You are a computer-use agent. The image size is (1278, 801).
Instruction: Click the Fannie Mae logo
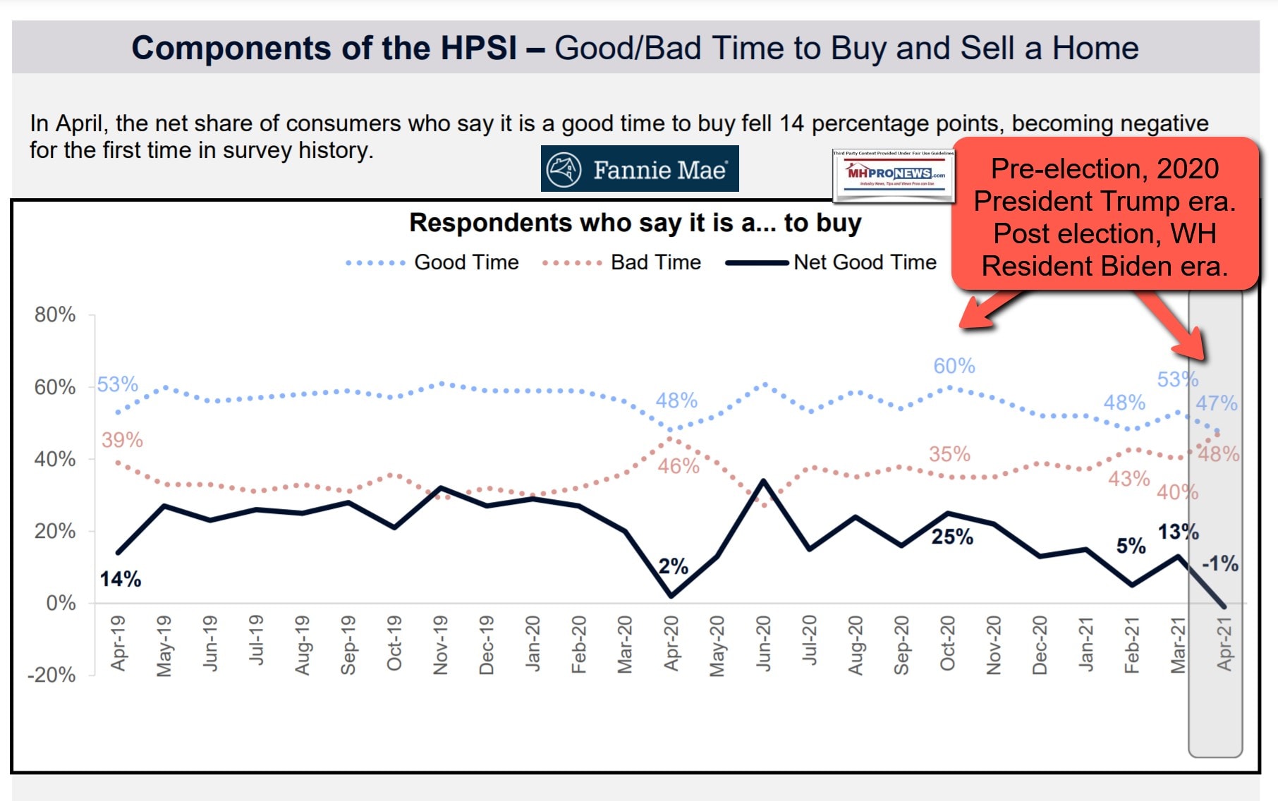[x=639, y=169]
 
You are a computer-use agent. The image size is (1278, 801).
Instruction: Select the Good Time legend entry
[x=465, y=262]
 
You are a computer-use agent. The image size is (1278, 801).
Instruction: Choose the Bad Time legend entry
[x=655, y=262]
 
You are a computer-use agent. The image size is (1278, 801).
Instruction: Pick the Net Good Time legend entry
[x=864, y=262]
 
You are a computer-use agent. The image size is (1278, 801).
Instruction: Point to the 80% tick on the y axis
[x=55, y=314]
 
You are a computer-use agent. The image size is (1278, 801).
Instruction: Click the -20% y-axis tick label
[x=51, y=675]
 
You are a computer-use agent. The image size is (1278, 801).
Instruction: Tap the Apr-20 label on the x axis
[x=671, y=643]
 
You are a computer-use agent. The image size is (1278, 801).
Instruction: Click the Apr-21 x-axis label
[x=1224, y=643]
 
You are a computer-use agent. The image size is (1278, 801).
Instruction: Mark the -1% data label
[x=1219, y=563]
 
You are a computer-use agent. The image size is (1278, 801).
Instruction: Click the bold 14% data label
[x=120, y=580]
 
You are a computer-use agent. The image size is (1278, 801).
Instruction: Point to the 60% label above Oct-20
[x=954, y=366]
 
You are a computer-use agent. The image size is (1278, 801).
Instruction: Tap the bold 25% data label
[x=952, y=537]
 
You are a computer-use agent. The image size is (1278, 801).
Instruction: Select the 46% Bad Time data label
[x=678, y=466]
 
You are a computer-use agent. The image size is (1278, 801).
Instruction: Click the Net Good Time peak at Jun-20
[x=764, y=481]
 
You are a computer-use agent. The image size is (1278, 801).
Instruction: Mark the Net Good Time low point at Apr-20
[x=671, y=597]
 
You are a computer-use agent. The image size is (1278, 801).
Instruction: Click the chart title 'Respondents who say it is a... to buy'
[x=635, y=223]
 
